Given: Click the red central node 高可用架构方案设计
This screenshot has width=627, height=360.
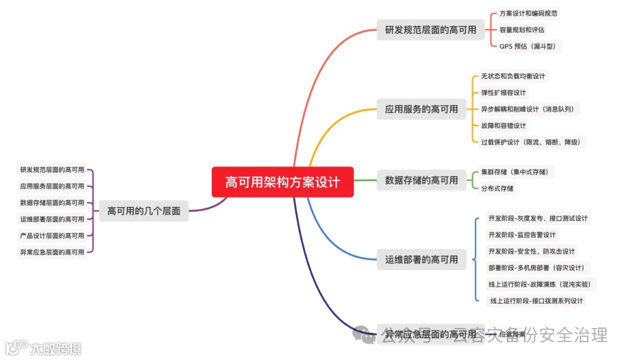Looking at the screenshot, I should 282,182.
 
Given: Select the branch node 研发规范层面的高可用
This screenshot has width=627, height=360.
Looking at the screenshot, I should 430,30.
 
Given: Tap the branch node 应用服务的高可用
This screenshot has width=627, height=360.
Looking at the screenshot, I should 421,109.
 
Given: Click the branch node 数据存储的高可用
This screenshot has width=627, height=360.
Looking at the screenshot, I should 421,180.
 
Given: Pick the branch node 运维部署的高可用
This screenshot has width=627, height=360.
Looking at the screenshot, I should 421,260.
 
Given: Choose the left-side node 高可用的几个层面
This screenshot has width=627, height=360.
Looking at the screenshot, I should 144,211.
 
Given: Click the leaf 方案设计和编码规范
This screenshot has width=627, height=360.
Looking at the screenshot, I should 529,13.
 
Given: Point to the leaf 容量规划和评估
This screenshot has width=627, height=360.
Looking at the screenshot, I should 522,30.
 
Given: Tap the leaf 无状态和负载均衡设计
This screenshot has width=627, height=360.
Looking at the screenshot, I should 513,76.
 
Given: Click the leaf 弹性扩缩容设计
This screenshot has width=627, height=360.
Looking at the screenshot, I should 503,92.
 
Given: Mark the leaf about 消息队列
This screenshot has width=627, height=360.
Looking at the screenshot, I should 528,109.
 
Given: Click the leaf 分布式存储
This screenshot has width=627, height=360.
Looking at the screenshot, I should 497,188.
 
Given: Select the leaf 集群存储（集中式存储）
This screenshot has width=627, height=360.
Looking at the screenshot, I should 514,172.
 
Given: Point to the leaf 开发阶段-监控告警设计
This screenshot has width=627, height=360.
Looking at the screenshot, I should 522,235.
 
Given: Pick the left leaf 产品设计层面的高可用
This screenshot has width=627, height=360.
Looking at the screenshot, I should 52,236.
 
